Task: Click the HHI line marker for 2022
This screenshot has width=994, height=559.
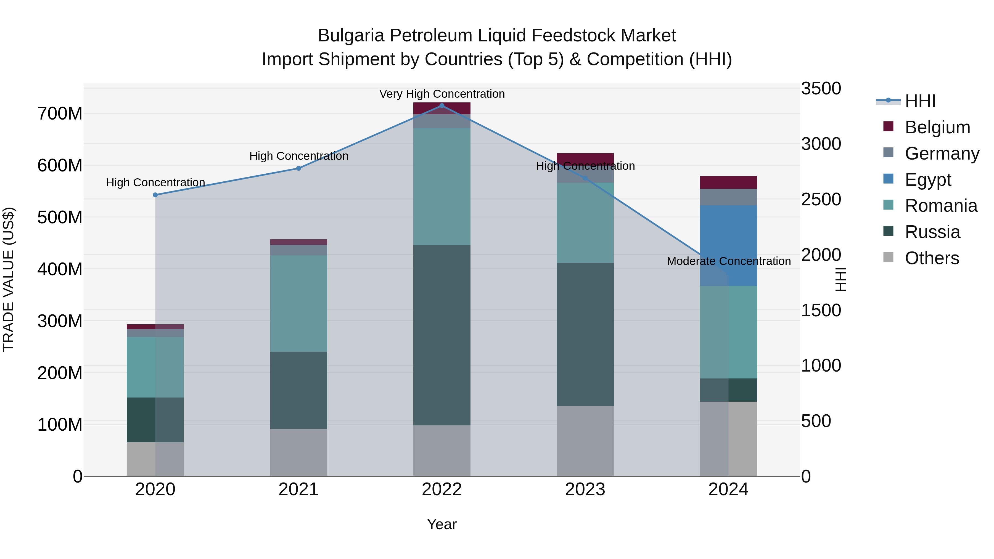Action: click(x=442, y=106)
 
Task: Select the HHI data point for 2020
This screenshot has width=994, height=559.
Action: click(x=155, y=195)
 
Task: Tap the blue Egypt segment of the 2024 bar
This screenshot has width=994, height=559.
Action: click(x=729, y=245)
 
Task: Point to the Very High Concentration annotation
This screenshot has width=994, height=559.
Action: click(x=442, y=94)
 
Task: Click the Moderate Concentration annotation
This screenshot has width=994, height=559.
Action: click(x=729, y=261)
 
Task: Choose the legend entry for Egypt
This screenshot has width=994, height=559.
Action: click(x=928, y=180)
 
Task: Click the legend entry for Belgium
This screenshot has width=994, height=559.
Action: click(x=937, y=127)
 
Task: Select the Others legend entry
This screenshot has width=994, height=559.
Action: click(x=932, y=258)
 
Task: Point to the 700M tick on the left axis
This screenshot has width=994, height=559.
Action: click(x=60, y=114)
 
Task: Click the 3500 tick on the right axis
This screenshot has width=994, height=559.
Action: click(x=821, y=88)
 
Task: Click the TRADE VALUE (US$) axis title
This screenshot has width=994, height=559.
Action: click(x=9, y=279)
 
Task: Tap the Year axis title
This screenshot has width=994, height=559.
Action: click(x=442, y=524)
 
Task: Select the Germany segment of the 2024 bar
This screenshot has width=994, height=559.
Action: click(x=729, y=197)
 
